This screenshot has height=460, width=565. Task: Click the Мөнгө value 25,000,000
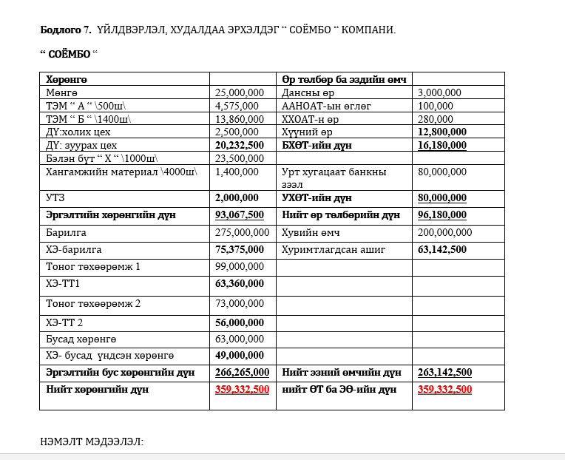[239, 92]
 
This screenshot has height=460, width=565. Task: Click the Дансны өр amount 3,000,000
[439, 92]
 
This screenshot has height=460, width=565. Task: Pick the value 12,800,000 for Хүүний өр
[442, 132]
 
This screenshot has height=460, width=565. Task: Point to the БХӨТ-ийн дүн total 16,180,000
[442, 145]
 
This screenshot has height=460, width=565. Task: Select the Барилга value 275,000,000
[242, 232]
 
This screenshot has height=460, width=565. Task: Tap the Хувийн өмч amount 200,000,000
[444, 232]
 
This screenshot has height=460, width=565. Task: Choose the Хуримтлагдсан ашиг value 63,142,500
[442, 249]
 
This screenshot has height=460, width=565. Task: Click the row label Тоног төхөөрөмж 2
[92, 303]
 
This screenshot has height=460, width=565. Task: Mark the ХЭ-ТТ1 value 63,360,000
[239, 283]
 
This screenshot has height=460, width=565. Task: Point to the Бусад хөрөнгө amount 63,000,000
[239, 339]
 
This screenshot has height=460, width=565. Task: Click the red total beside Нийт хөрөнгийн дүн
[242, 389]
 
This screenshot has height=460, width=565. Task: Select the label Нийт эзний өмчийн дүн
[342, 372]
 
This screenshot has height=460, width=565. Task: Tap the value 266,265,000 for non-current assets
[242, 372]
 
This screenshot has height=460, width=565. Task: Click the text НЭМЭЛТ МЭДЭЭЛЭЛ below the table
[91, 442]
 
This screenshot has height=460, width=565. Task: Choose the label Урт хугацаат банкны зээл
[334, 177]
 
